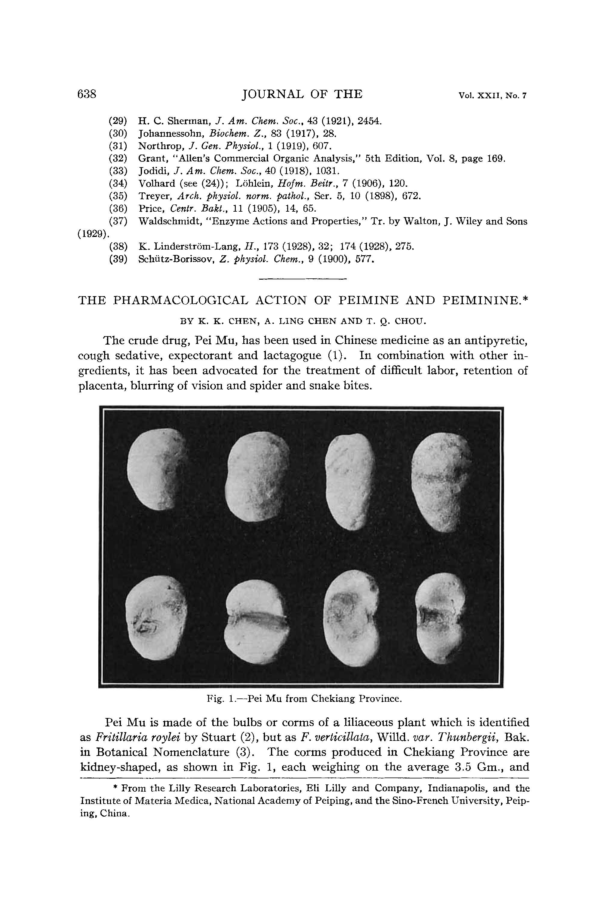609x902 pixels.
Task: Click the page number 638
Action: pos(87,94)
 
